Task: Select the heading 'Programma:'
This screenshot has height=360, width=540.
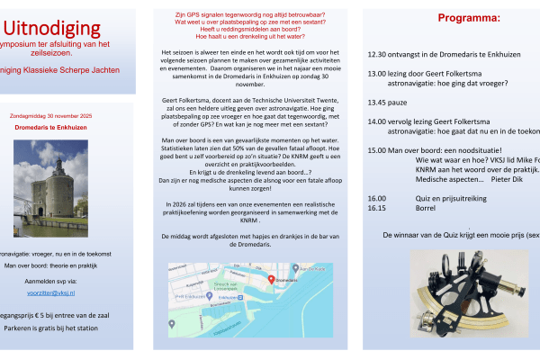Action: coord(469,17)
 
